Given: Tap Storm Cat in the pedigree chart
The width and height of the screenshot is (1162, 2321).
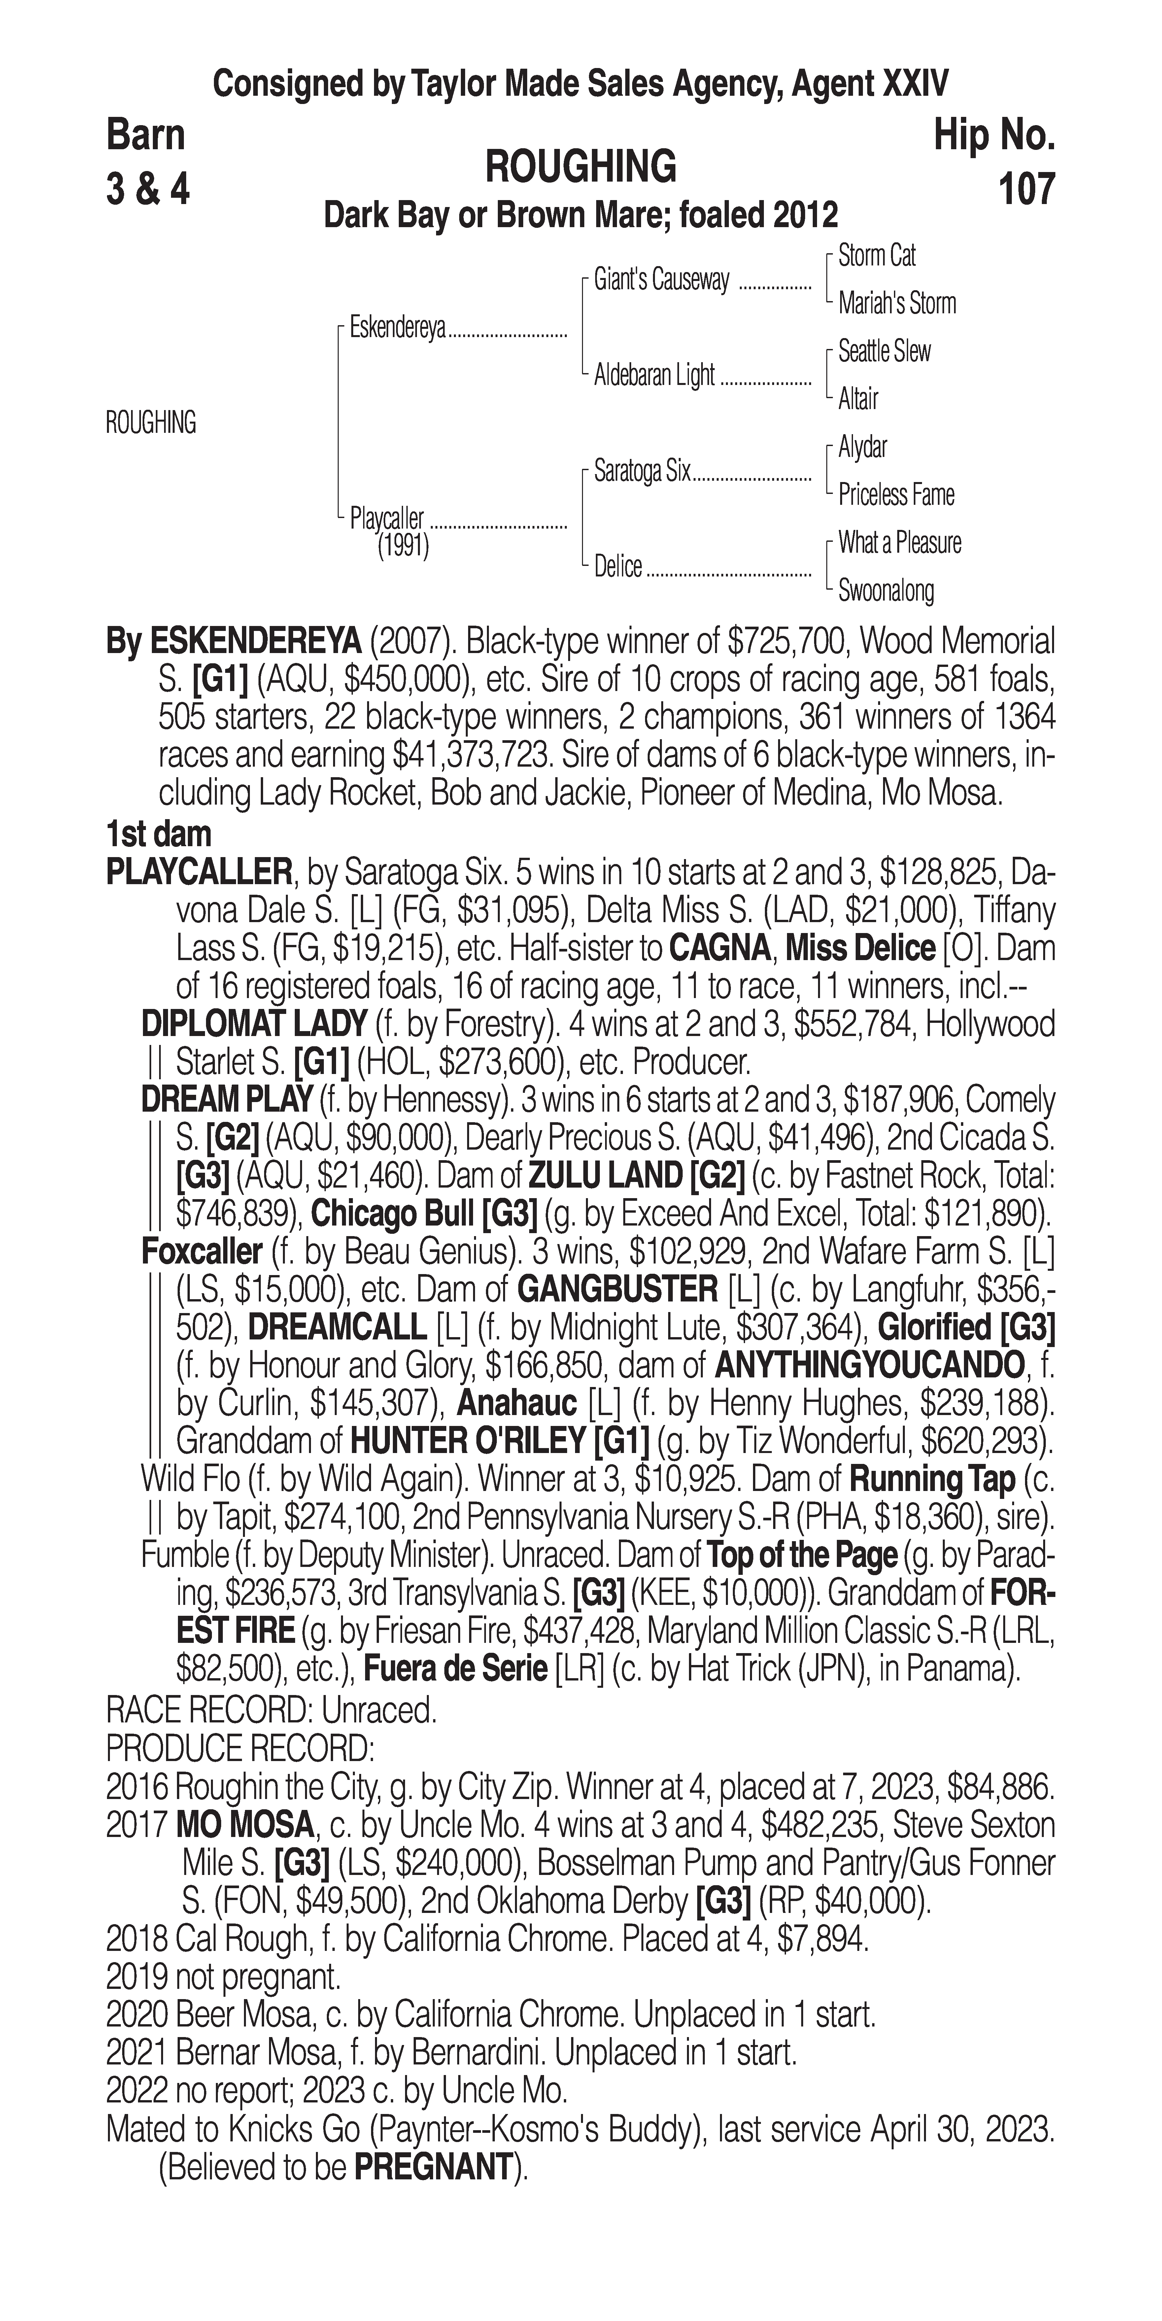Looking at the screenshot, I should click(x=876, y=256).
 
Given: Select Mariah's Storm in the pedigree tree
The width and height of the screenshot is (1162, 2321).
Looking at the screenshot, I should click(x=896, y=304).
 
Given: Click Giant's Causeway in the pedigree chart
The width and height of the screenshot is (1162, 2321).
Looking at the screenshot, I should click(x=661, y=280).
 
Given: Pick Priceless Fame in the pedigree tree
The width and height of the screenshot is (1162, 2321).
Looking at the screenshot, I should click(x=895, y=495).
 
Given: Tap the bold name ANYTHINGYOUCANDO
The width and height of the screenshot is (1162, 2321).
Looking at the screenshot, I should click(x=869, y=1366).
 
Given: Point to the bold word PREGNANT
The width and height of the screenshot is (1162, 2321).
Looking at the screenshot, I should click(x=432, y=2168).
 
